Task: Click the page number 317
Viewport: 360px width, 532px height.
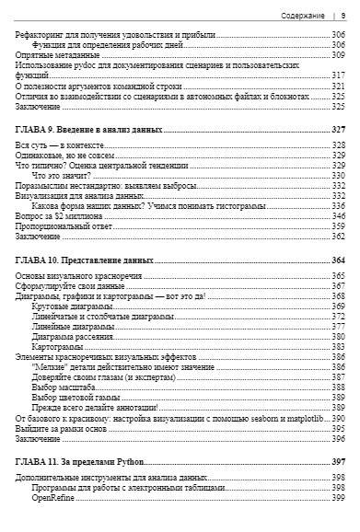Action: pyautogui.click(x=337, y=75)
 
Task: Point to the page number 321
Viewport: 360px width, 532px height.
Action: pyautogui.click(x=337, y=86)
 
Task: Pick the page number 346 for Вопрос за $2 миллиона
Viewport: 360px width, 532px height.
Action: pyautogui.click(x=337, y=215)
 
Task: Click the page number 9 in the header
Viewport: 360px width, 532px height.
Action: pyautogui.click(x=343, y=16)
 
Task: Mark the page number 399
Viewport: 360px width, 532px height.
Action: pyautogui.click(x=337, y=497)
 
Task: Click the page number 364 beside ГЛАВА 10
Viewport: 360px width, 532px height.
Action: pyautogui.click(x=337, y=260)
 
